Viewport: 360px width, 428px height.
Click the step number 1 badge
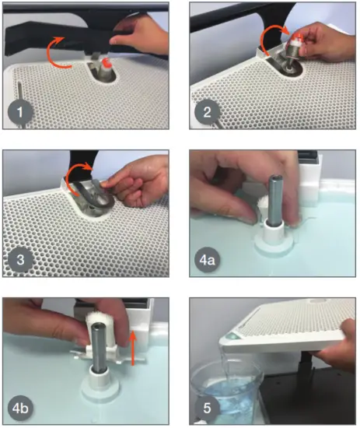(x=20, y=112)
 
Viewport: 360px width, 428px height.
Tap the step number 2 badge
(x=207, y=112)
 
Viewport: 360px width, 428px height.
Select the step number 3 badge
(x=20, y=260)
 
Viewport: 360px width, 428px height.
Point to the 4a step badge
(x=207, y=260)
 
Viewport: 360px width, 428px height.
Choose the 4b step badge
(x=20, y=409)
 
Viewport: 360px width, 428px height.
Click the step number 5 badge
(x=207, y=408)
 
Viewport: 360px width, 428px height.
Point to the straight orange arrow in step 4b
(x=133, y=347)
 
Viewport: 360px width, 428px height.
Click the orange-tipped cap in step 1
(x=106, y=64)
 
